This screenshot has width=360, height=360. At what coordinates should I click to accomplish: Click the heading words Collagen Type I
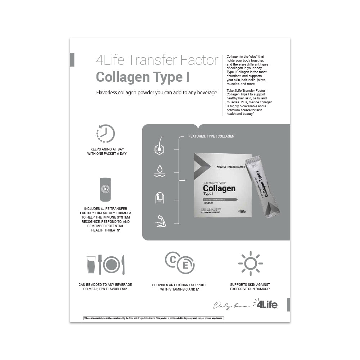coord(143,77)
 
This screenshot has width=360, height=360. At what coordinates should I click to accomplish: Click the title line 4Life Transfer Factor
coord(157,60)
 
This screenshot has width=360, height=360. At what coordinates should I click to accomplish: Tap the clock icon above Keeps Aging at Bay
coord(105,134)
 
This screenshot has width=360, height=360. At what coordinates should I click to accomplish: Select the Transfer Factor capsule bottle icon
coord(105,189)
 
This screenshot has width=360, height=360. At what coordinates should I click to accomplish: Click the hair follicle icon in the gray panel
coord(159,146)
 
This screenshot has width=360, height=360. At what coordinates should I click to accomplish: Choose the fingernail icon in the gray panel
coord(159,197)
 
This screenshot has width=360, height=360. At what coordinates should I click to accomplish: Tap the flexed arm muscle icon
coord(160,221)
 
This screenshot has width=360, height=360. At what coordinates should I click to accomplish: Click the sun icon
coord(250,264)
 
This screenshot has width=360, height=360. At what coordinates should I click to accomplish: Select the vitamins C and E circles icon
coord(180,262)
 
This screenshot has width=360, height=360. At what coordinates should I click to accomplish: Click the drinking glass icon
coord(91,265)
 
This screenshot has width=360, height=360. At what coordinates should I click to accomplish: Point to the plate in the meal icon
coord(112,265)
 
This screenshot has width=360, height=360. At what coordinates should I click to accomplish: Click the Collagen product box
coord(222,185)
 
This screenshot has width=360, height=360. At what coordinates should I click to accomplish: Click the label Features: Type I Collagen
coord(211,136)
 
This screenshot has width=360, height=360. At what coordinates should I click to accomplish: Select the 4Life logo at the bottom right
coord(267,304)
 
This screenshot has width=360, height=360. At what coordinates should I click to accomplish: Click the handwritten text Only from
coord(231,306)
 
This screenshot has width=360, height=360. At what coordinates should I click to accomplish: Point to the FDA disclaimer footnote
coord(154,318)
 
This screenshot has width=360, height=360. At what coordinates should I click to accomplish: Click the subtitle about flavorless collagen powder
coord(157,93)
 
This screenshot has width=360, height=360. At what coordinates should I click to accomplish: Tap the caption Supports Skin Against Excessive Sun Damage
coord(250,287)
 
